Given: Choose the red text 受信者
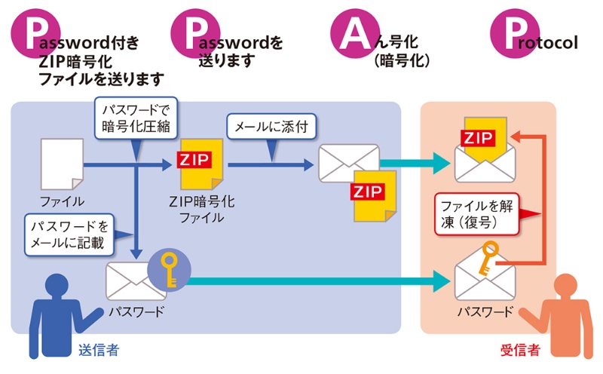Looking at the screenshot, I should pos(520,350).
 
